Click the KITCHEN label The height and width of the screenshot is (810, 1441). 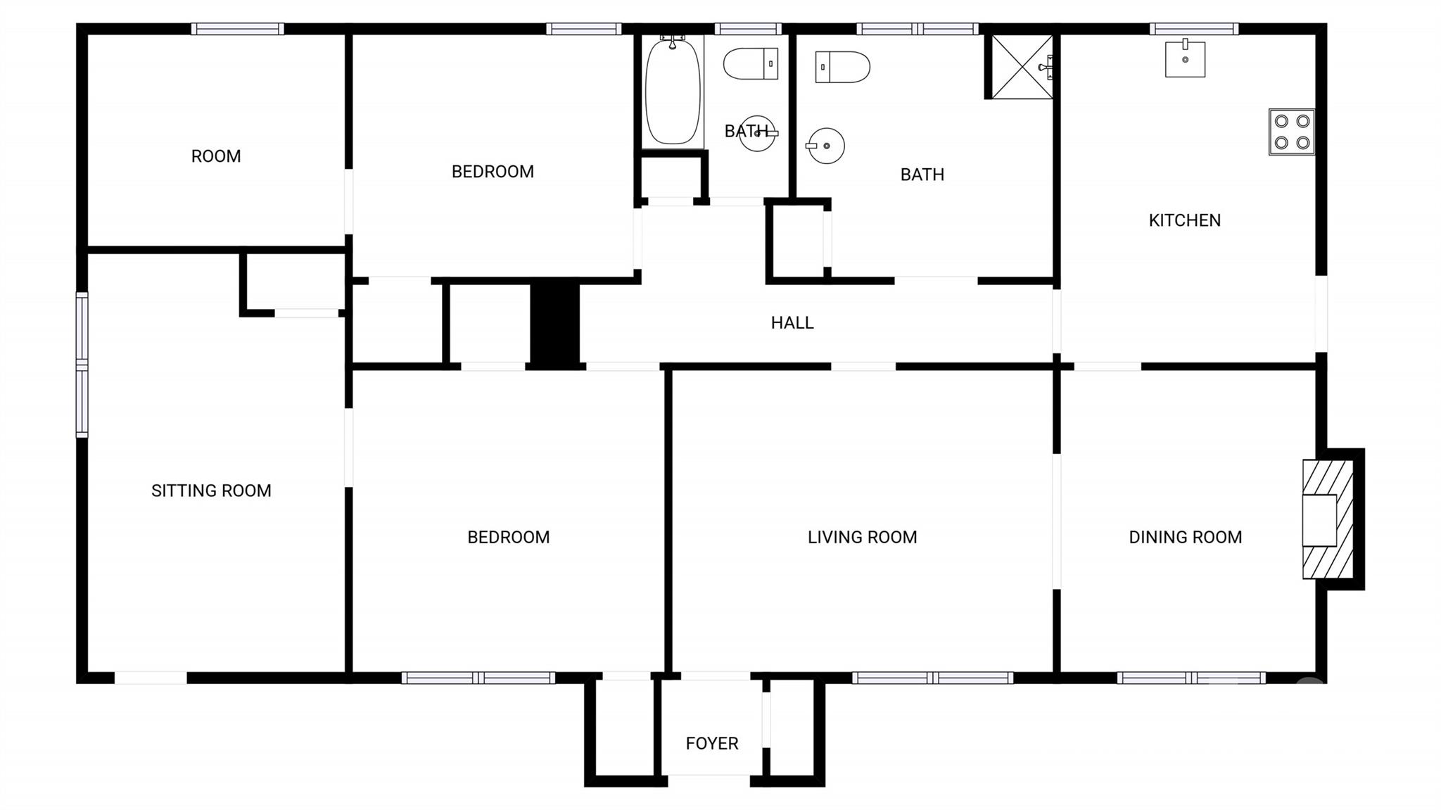click(x=1184, y=220)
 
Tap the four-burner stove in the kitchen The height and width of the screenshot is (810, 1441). click(x=1291, y=132)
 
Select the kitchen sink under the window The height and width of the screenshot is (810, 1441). click(x=1185, y=59)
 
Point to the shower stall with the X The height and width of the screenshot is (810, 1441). click(x=1022, y=67)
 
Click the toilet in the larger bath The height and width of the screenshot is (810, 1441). click(x=842, y=67)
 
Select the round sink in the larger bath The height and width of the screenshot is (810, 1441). click(x=825, y=146)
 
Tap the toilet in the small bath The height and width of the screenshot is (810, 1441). click(x=751, y=64)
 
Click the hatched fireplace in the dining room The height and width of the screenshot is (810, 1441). click(x=1327, y=519)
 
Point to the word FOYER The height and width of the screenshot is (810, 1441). click(x=711, y=743)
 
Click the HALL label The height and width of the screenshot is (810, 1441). click(x=792, y=323)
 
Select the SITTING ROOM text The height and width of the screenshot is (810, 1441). click(x=211, y=491)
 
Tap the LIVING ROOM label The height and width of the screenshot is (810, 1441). click(x=862, y=537)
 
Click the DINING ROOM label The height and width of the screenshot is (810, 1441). click(x=1185, y=537)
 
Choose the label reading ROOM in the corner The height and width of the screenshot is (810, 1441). click(x=216, y=156)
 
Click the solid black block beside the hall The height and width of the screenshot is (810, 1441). click(x=554, y=323)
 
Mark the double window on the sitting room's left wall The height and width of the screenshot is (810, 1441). click(x=82, y=365)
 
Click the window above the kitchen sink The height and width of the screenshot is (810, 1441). click(x=1194, y=29)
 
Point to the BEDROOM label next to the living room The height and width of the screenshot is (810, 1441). click(x=508, y=537)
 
